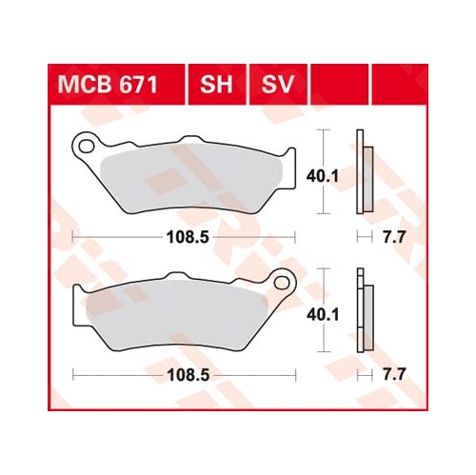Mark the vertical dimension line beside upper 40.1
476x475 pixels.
click(327, 176)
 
